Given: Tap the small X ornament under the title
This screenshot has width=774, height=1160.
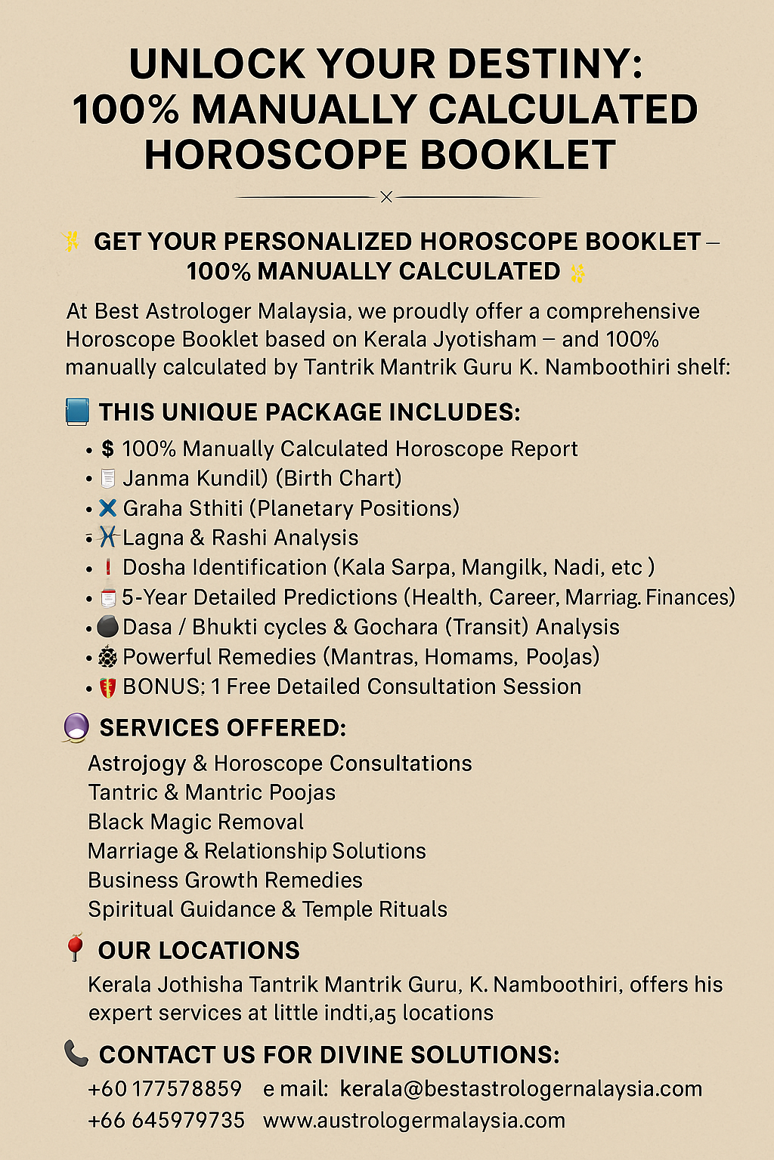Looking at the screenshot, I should [386, 197].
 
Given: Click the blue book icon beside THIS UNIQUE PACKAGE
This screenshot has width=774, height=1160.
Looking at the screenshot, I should [77, 412].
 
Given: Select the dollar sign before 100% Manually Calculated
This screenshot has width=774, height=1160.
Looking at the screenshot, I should [107, 449].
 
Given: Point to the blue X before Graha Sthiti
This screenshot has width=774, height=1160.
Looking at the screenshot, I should [107, 508].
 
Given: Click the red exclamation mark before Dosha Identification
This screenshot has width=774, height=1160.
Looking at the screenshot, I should [107, 567].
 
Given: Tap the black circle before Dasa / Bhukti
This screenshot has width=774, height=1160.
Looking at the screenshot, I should [107, 627].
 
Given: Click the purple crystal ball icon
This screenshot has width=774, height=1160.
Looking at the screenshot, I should [76, 728].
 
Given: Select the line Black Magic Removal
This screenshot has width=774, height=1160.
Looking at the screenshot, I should [196, 822].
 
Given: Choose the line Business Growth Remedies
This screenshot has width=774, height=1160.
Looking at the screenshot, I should [225, 881].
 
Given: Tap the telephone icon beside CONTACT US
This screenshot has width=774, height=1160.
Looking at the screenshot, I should [76, 1053].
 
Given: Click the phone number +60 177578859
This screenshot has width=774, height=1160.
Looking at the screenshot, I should [165, 1089].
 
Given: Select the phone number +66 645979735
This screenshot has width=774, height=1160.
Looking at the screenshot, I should [166, 1120].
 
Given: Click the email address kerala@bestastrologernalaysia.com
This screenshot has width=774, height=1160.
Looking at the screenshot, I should [521, 1089].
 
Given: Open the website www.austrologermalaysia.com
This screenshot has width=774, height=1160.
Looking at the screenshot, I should [414, 1120].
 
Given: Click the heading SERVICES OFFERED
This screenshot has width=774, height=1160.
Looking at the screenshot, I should [223, 728].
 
